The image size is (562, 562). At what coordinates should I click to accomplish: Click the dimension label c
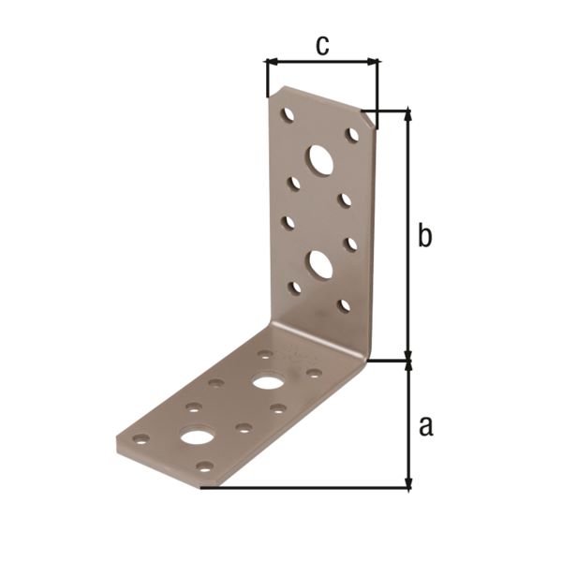[x=322, y=46]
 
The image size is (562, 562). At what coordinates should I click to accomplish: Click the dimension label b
[x=424, y=235]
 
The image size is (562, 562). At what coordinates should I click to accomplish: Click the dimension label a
[x=426, y=426]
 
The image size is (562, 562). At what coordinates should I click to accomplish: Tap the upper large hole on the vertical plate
[x=319, y=159]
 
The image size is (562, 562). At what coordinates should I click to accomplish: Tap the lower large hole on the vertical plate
[x=319, y=265]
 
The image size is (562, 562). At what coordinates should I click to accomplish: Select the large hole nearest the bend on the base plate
[x=266, y=382]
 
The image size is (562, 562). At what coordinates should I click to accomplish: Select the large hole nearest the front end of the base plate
[x=198, y=436]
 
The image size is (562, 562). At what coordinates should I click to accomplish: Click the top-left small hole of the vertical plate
[x=288, y=114]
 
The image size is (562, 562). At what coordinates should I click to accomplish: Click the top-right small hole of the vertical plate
[x=352, y=134]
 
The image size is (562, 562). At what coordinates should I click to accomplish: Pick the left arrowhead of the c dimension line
[x=272, y=63]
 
